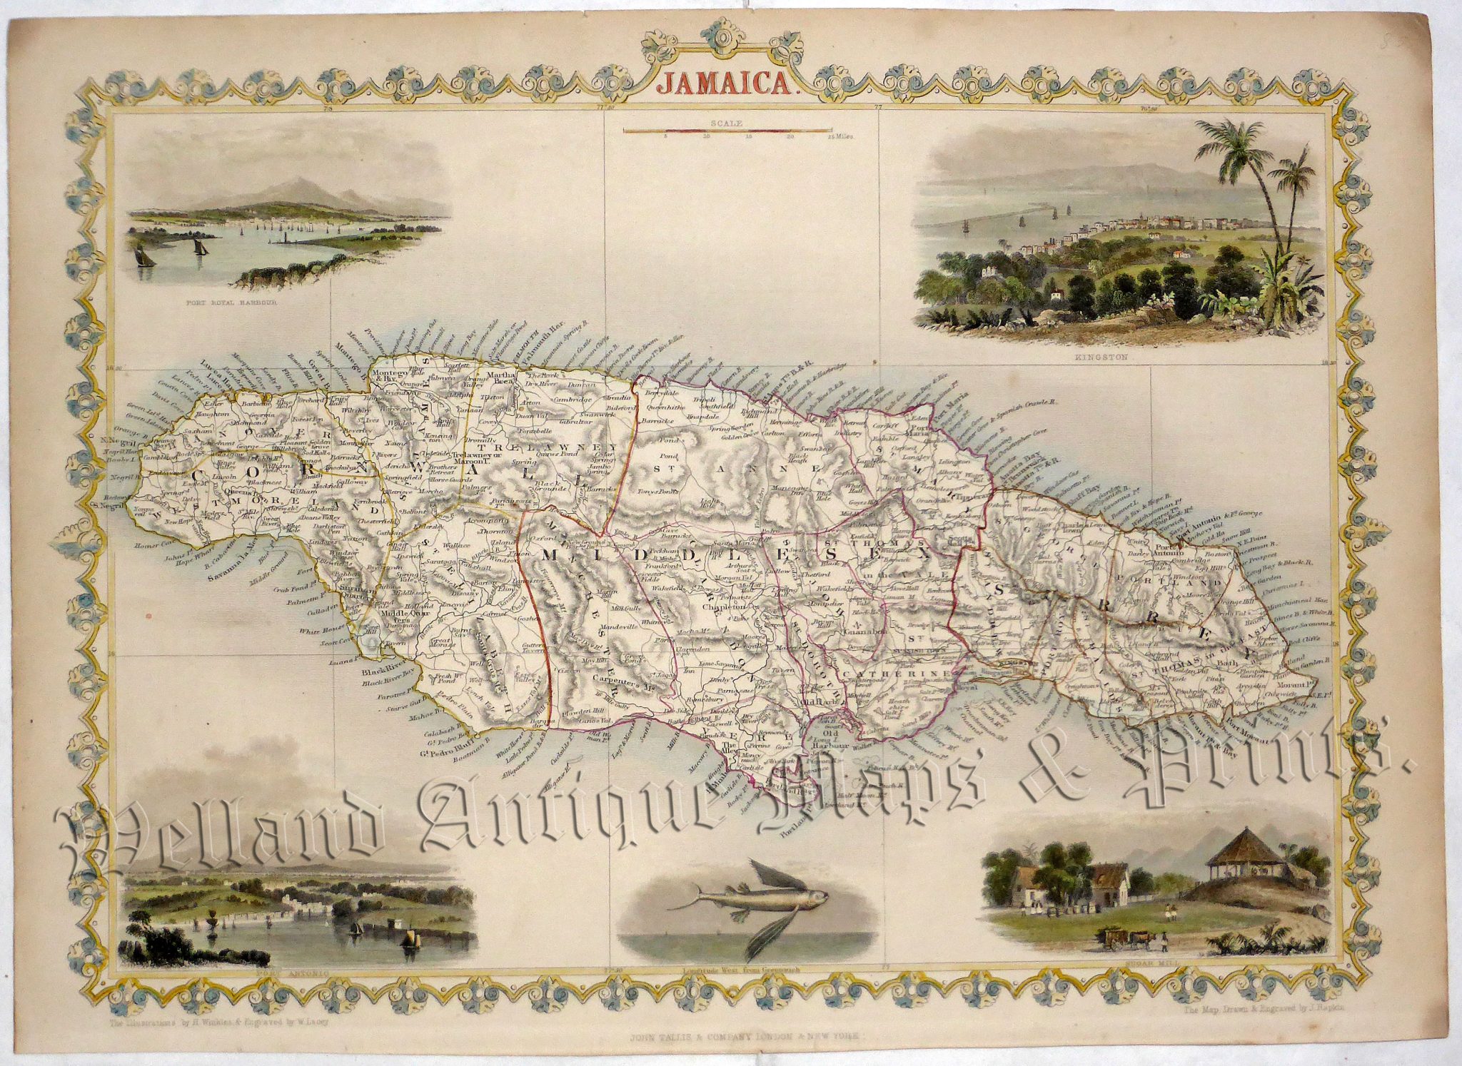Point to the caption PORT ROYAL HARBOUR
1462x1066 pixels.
click(229, 303)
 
